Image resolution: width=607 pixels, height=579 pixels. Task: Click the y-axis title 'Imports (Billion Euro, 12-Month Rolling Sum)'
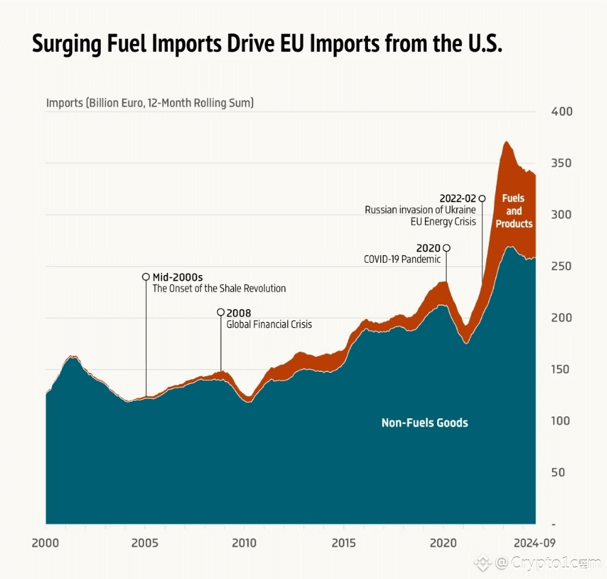tap(150, 103)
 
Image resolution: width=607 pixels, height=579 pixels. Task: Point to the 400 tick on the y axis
tap(562, 112)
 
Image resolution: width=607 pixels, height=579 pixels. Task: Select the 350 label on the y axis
tap(562, 163)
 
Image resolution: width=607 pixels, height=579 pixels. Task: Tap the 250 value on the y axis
tap(562, 266)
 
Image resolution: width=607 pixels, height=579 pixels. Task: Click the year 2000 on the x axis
tap(45, 543)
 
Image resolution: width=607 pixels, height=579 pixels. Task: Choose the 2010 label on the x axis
tap(244, 543)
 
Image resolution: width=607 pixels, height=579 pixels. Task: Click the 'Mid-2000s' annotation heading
tap(178, 277)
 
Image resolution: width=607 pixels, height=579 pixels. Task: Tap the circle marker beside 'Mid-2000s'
tap(146, 277)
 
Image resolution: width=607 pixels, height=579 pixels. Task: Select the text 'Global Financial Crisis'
tap(269, 324)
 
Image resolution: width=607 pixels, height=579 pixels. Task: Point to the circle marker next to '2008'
tap(221, 312)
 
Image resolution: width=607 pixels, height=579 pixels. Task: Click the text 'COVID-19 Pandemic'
tap(402, 259)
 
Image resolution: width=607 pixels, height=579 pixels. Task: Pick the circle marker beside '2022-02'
tap(482, 198)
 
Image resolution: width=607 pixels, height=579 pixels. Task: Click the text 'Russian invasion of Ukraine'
tap(420, 210)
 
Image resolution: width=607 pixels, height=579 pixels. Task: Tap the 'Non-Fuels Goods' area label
tap(424, 423)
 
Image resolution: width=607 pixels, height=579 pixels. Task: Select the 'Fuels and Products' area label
tap(514, 211)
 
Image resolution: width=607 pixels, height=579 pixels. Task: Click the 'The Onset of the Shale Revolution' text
tap(219, 289)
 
